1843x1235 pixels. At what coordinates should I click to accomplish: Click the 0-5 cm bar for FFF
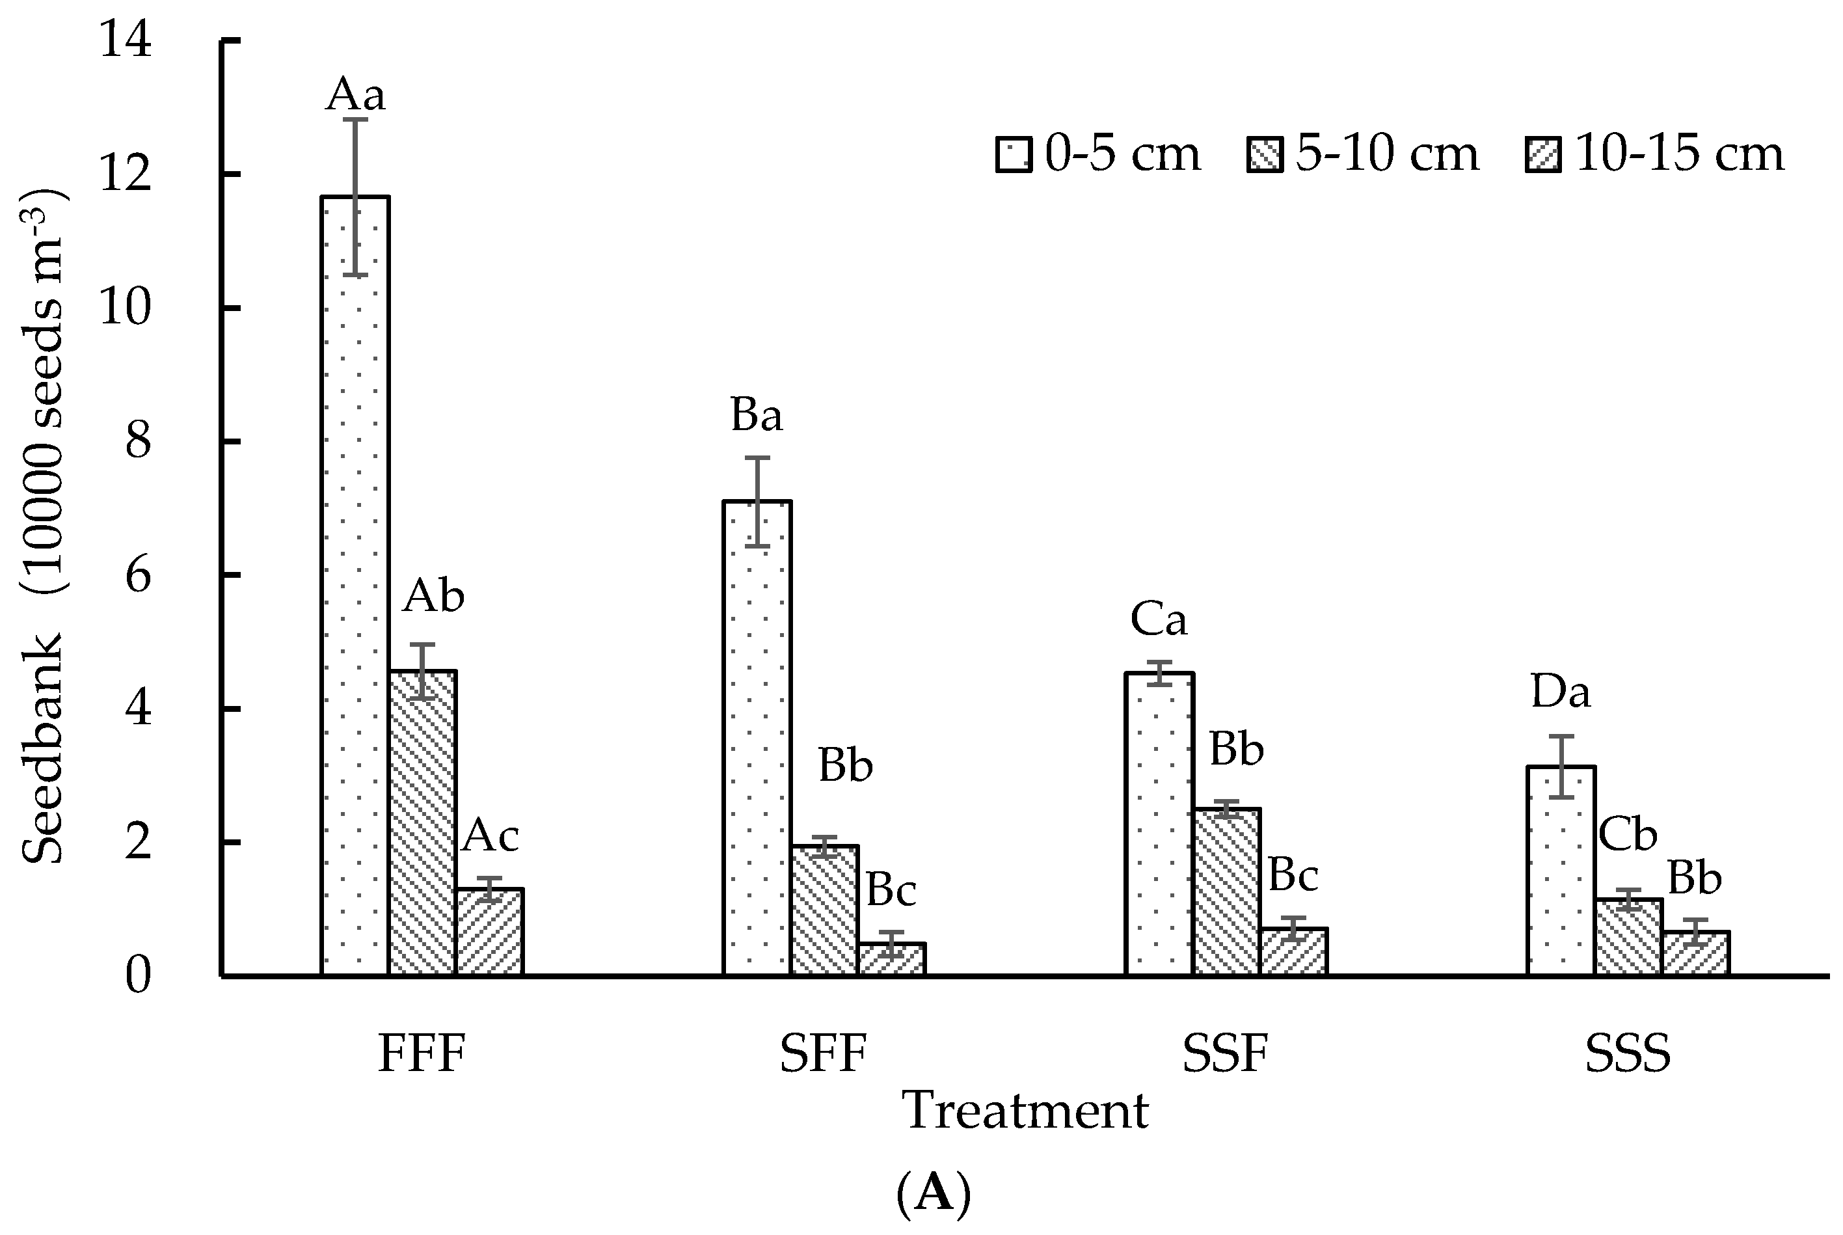tap(355, 586)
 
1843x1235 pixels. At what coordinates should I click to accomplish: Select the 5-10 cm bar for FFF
tap(422, 823)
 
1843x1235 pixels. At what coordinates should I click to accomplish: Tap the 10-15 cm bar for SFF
tap(891, 958)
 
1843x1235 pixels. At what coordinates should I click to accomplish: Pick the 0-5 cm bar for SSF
tap(1159, 824)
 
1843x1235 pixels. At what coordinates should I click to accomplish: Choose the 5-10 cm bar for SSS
tap(1628, 937)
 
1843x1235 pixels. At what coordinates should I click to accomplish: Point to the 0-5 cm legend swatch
tap(1013, 154)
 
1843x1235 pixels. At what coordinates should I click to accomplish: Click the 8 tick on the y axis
tap(138, 442)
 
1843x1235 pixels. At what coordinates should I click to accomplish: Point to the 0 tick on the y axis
tap(138, 977)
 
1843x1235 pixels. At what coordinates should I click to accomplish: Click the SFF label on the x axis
tap(824, 1054)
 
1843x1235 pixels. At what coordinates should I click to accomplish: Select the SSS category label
tap(1627, 1054)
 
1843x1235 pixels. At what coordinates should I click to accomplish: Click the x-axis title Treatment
tap(1025, 1111)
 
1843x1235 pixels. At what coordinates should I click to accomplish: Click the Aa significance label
tap(355, 95)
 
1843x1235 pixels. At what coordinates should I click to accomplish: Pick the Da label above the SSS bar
tap(1561, 693)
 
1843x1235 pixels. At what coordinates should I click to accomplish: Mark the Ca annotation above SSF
tap(1158, 620)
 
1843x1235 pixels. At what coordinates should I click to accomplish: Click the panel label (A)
tap(933, 1194)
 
